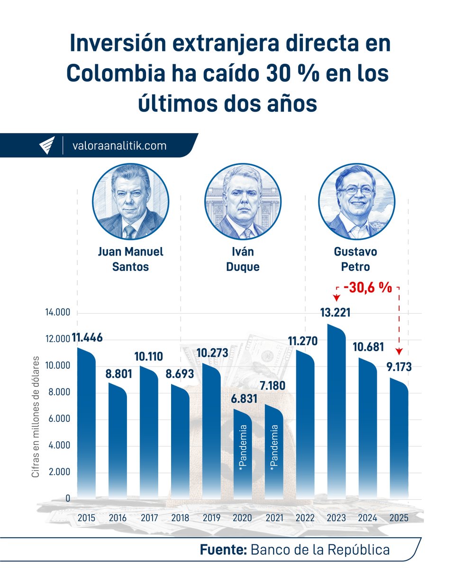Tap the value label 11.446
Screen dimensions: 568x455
click(87, 338)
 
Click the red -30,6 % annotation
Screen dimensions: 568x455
click(368, 287)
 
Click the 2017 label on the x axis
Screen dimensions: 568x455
click(150, 518)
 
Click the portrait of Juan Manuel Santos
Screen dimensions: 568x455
click(130, 201)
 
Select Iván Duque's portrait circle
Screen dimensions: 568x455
click(243, 201)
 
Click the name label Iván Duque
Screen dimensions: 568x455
click(243, 259)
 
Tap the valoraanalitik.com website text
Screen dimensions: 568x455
click(119, 146)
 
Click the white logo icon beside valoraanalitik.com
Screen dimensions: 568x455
click(47, 146)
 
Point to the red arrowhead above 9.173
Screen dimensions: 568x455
click(399, 351)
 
